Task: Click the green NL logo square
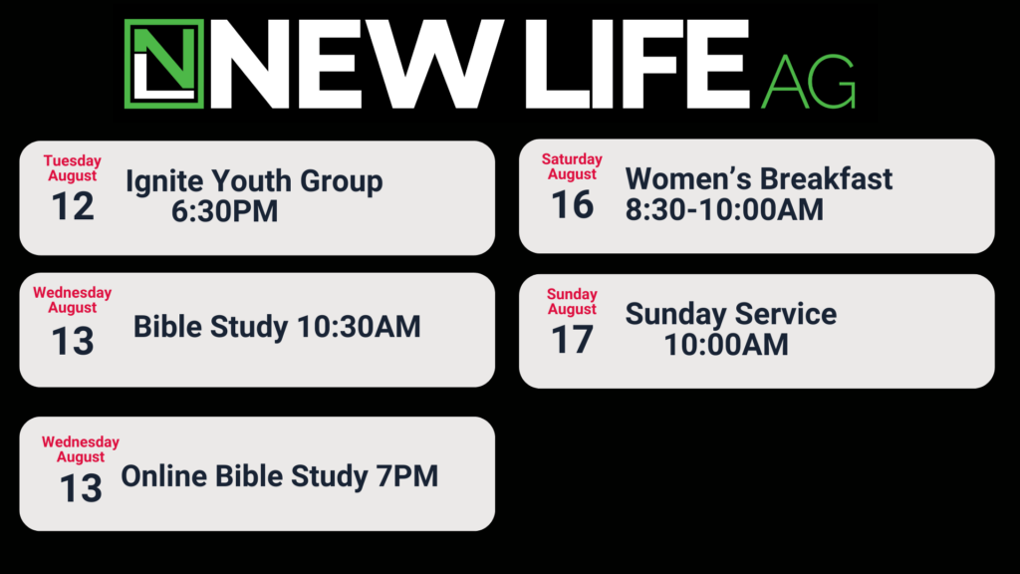[x=164, y=64]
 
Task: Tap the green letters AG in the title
[x=809, y=82]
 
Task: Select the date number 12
[x=73, y=206]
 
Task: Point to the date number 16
[x=573, y=205]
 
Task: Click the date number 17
[x=573, y=340]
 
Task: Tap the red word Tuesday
[x=72, y=160]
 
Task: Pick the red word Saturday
[x=572, y=159]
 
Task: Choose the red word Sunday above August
[x=572, y=295]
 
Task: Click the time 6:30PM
[x=224, y=211]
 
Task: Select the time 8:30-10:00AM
[x=724, y=209]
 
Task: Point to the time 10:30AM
[x=359, y=327]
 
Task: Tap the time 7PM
[x=407, y=476]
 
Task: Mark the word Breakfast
[x=826, y=179]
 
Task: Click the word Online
[x=164, y=476]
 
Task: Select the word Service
[x=786, y=314]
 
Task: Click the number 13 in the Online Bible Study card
[x=81, y=488]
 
